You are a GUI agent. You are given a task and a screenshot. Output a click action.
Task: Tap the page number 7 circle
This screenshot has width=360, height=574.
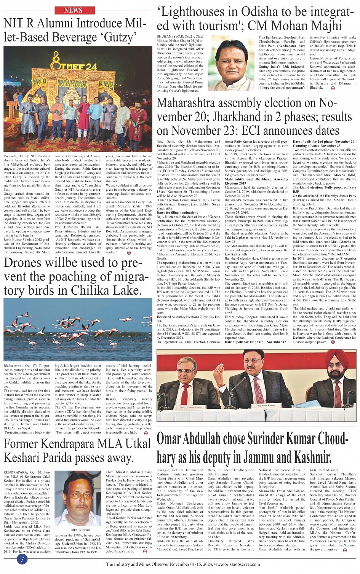tap(22, 559)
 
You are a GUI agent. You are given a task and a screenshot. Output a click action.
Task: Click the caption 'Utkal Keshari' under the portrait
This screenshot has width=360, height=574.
tap(80, 530)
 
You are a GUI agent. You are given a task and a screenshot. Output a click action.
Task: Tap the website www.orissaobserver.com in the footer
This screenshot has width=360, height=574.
tap(237, 564)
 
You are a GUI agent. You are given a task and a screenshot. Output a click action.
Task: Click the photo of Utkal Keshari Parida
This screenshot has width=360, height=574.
tap(80, 499)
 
